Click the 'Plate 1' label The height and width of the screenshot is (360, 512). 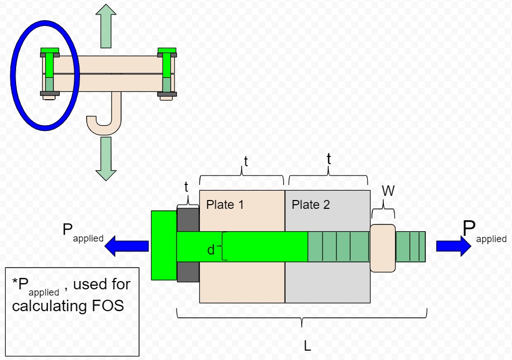pos(225,205)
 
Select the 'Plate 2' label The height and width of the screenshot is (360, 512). pos(311,205)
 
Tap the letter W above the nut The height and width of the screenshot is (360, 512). pos(388,191)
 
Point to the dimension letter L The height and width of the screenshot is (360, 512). pos(307,346)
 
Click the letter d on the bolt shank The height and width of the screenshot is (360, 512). pos(211,250)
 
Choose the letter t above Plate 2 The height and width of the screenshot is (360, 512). pos(328,159)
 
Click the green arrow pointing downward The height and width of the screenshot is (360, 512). pos(106,158)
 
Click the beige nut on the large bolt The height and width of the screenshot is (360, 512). pos(383,248)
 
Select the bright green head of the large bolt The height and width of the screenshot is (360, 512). pos(164,246)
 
